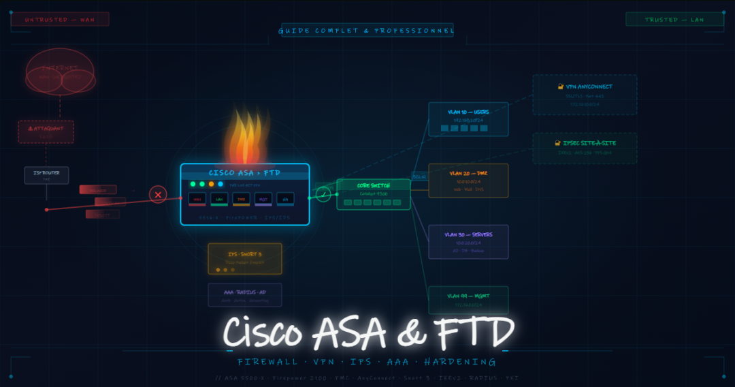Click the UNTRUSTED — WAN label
point(60,20)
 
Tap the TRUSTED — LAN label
point(674,20)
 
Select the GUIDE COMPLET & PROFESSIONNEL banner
point(367,31)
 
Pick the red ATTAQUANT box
point(46,131)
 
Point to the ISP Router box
point(46,175)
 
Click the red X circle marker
point(158,195)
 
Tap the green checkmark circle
point(324,195)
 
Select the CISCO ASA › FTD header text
point(244,173)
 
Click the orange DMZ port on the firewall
point(241,199)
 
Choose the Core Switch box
point(373,194)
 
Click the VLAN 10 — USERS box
point(468,119)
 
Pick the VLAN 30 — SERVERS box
point(468,242)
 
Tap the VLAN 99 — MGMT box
point(468,300)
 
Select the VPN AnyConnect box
point(585,95)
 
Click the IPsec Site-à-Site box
point(585,149)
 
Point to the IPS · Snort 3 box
point(244,259)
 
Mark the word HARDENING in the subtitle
point(460,362)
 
